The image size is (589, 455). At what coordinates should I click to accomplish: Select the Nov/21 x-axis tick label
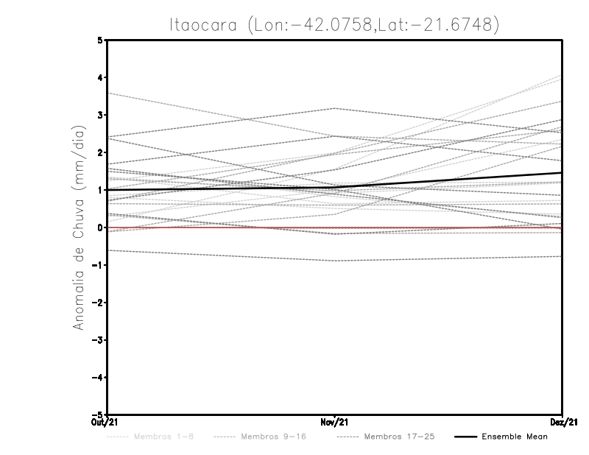(335, 422)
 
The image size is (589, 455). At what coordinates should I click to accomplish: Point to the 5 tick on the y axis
(100, 40)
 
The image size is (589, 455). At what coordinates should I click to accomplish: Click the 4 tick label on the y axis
(100, 77)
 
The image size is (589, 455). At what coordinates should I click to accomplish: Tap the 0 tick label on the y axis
(100, 227)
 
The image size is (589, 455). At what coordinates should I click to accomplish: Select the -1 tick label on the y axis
(98, 265)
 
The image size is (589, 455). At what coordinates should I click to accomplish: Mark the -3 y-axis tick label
(98, 340)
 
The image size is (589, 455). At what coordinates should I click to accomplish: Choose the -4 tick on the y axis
(98, 378)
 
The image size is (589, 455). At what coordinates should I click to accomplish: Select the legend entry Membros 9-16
(273, 437)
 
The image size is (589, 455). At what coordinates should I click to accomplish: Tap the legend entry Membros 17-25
(399, 437)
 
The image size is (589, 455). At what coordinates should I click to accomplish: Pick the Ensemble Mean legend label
(515, 437)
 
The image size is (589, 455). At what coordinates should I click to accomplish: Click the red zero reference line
(221, 227)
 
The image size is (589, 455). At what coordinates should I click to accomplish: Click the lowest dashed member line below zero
(221, 255)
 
